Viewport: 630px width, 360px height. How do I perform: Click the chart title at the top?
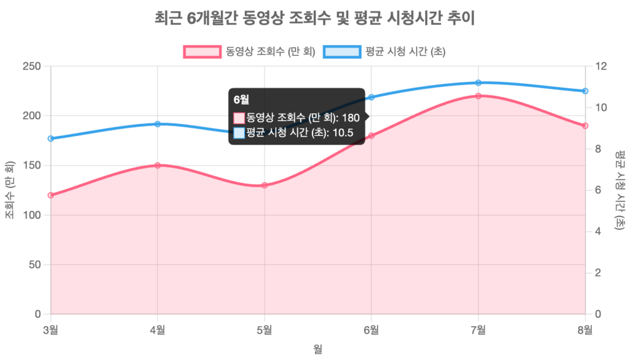(x=315, y=19)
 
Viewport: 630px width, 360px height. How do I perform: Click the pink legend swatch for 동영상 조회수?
(x=201, y=52)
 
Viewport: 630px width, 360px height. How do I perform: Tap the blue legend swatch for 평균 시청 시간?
(x=342, y=52)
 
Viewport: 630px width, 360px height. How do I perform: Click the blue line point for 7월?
(x=478, y=82)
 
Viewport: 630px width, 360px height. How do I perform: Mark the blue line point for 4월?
(x=158, y=124)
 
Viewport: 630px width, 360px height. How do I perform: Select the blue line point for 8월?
(x=585, y=91)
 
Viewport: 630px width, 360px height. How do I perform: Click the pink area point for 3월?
(x=51, y=195)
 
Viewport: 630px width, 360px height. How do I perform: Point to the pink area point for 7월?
(x=478, y=95)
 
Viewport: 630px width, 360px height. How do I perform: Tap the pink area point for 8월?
(x=585, y=126)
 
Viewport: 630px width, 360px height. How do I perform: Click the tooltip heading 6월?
(x=241, y=99)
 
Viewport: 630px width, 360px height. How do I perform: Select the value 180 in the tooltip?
(x=350, y=118)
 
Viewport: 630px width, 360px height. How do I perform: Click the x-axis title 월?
(x=317, y=349)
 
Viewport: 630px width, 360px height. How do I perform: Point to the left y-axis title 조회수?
(x=10, y=190)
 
